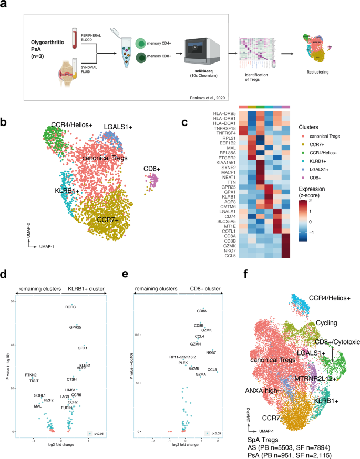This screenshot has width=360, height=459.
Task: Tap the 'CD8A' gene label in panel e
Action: (202, 311)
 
